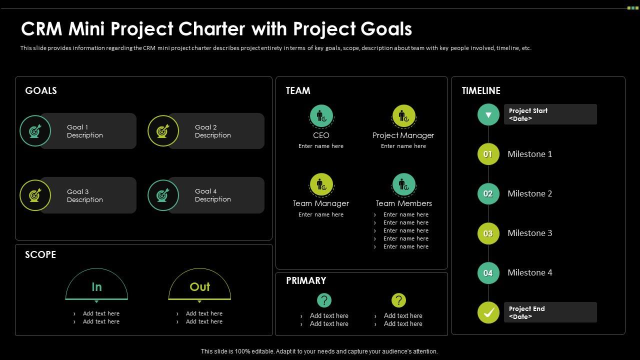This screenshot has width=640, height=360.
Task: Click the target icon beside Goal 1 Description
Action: [x=35, y=131]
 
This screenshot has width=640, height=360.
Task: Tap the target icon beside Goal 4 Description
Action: [x=163, y=195]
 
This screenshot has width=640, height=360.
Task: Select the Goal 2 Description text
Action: [x=212, y=131]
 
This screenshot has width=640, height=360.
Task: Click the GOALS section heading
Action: [x=41, y=90]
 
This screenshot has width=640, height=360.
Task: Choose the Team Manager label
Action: [x=320, y=203]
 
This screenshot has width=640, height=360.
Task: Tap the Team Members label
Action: [x=403, y=203]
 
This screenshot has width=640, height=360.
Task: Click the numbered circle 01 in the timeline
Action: [x=488, y=154]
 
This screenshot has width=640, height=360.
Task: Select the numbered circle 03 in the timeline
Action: [x=488, y=233]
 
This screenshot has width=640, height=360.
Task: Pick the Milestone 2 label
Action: [x=529, y=193]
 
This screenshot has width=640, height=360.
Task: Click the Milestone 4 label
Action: [x=529, y=272]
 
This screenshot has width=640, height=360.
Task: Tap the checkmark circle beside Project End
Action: [x=488, y=312]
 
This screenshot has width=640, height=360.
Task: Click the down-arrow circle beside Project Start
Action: [x=488, y=114]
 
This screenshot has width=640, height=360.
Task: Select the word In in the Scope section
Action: [x=96, y=287]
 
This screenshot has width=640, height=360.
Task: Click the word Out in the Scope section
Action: [x=199, y=287]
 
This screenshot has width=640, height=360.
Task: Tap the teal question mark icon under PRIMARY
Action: [x=324, y=300]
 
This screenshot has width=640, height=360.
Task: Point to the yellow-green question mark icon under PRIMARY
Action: [x=398, y=300]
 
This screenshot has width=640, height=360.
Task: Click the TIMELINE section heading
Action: [x=481, y=90]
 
